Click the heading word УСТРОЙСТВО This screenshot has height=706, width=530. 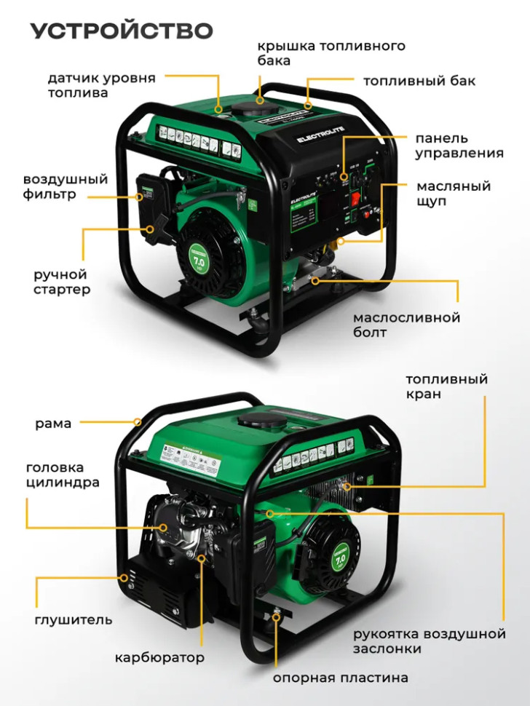click(122, 31)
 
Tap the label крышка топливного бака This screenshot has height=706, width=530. click(331, 53)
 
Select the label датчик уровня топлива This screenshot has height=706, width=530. click(102, 85)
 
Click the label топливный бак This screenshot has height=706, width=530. click(419, 81)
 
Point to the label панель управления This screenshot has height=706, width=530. click(459, 146)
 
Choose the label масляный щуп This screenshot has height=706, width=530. click(454, 193)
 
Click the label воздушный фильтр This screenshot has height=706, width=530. click(66, 186)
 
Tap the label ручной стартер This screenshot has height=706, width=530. click(62, 282)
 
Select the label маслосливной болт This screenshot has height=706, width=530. click(406, 325)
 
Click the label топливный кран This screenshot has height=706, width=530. click(446, 386)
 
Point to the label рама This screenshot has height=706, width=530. click(53, 423)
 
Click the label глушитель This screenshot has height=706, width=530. click(73, 620)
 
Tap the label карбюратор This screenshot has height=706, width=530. click(159, 658)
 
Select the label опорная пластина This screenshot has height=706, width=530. click(340, 678)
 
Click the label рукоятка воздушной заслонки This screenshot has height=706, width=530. click(429, 641)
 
